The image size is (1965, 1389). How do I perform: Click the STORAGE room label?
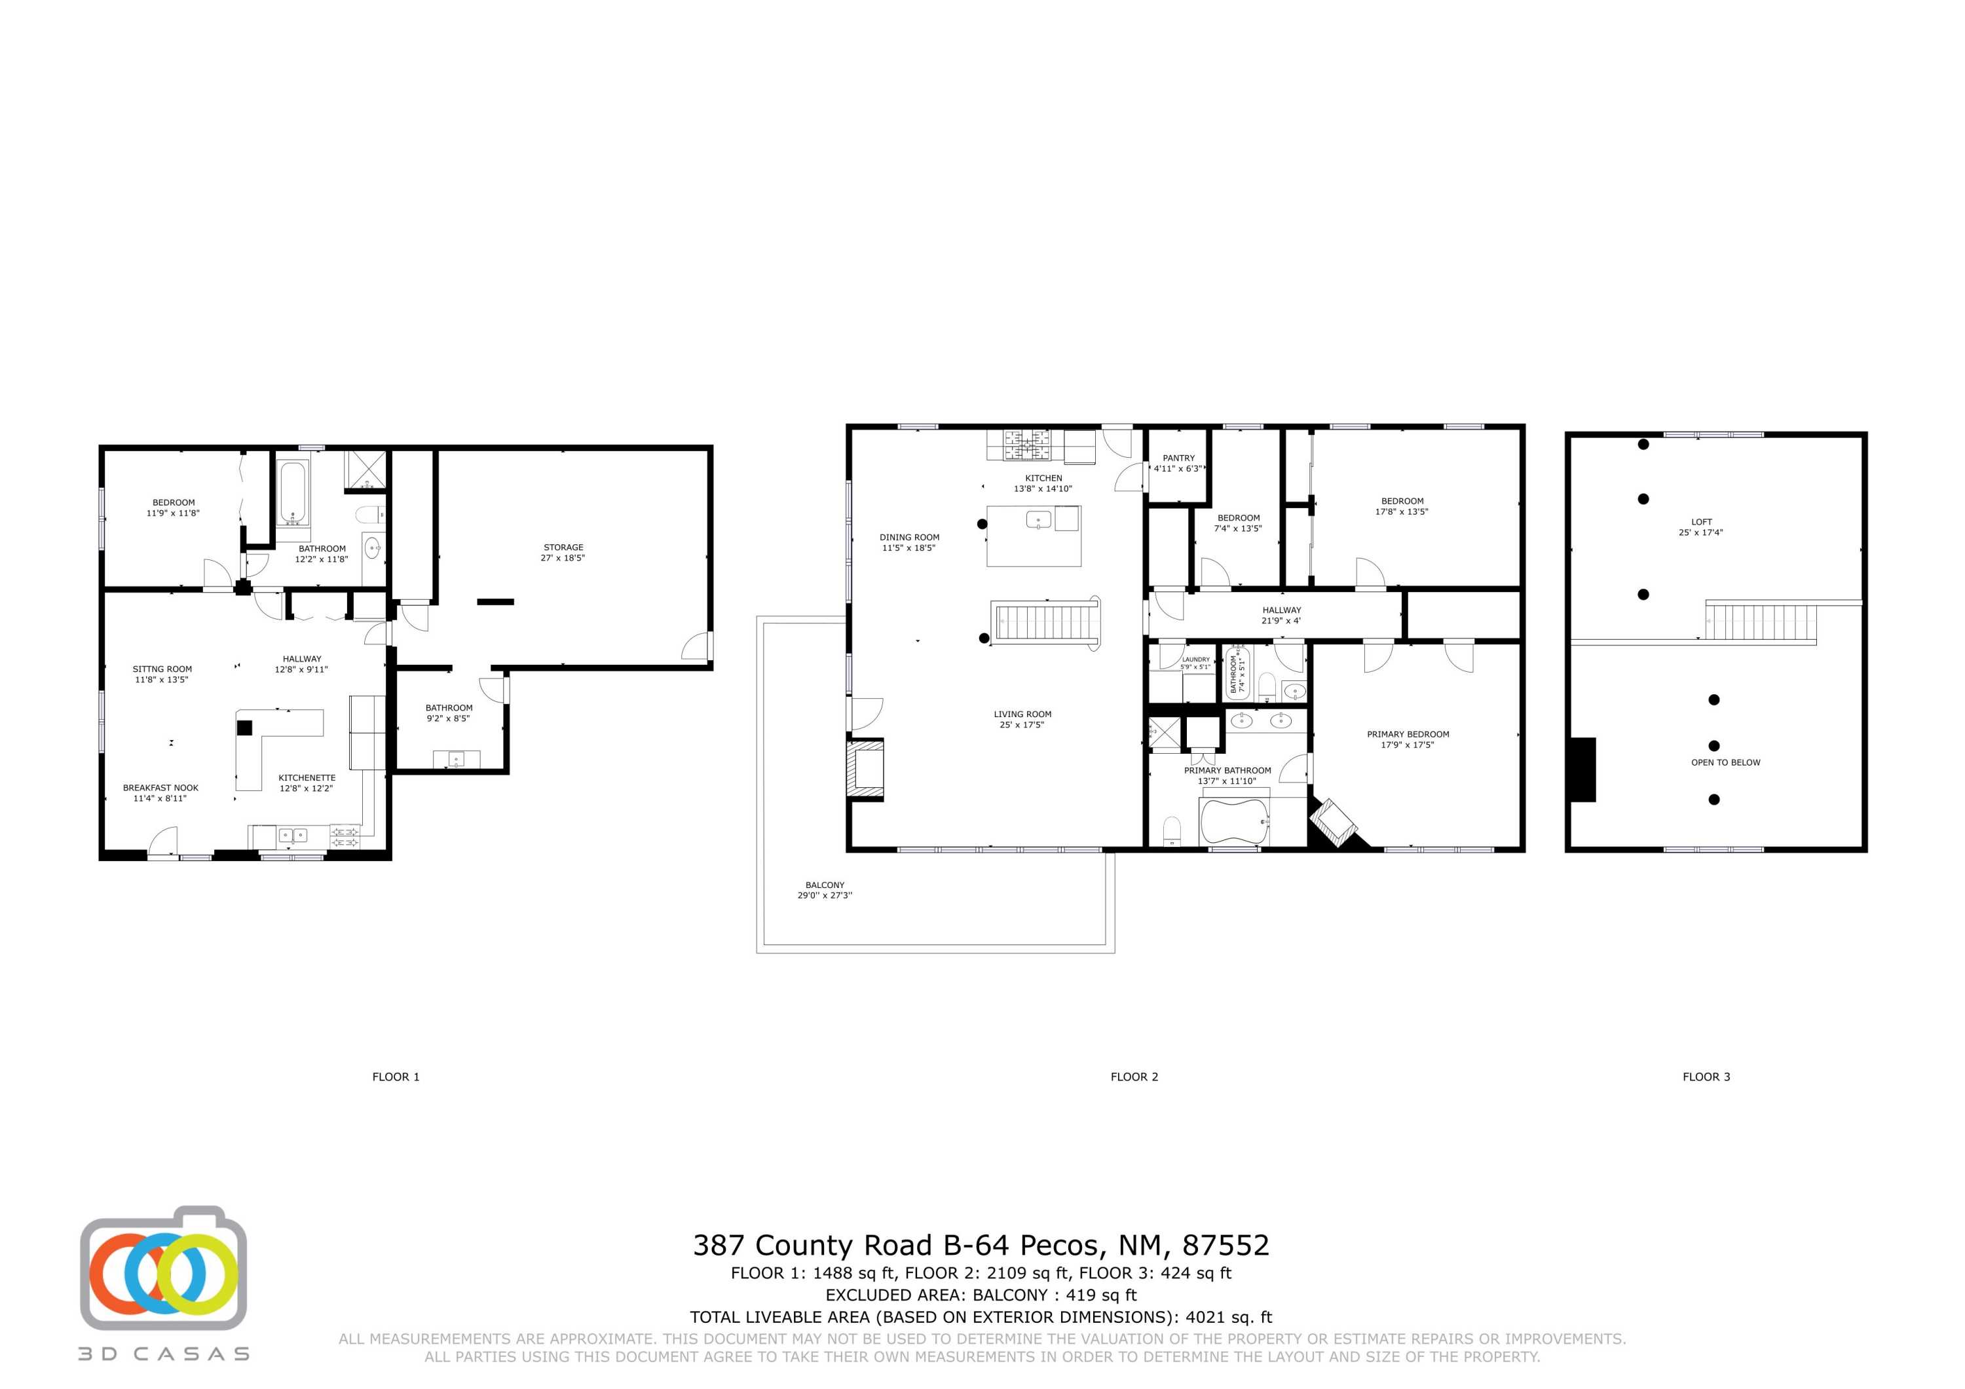point(563,547)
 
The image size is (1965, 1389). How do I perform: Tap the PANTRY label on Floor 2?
point(1178,458)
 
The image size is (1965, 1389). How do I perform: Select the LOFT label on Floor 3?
point(1702,521)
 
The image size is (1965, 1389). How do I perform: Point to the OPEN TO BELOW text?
point(1725,762)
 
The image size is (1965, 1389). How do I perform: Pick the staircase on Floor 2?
point(1045,622)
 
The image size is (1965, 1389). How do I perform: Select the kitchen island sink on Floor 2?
point(1038,519)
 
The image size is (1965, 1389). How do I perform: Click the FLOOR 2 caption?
point(1134,1077)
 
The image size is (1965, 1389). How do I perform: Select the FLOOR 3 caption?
point(1706,1077)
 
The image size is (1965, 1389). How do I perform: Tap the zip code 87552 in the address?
point(1226,1245)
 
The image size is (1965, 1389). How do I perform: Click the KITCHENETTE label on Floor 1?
point(307,778)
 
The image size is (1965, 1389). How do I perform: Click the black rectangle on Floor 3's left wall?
point(1583,769)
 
